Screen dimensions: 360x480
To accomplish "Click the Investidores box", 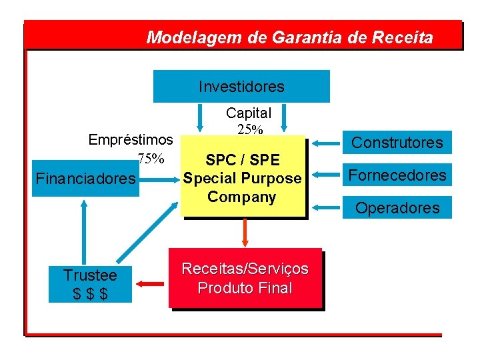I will click(241, 87).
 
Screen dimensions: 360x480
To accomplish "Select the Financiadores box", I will click(85, 179).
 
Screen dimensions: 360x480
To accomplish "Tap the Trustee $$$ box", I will click(90, 284).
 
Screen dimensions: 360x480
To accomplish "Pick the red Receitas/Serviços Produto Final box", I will click(245, 278).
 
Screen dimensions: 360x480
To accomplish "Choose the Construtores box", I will click(397, 142).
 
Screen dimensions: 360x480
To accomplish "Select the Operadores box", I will click(397, 207).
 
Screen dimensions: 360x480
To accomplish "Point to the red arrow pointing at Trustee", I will click(151, 285).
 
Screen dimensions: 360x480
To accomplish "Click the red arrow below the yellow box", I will click(245, 232).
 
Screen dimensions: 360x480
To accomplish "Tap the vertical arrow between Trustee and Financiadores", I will click(84, 230).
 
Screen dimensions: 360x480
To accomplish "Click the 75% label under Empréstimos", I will click(151, 159).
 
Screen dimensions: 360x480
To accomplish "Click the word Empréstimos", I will click(131, 140).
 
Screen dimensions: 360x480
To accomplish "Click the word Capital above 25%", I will click(249, 113).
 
